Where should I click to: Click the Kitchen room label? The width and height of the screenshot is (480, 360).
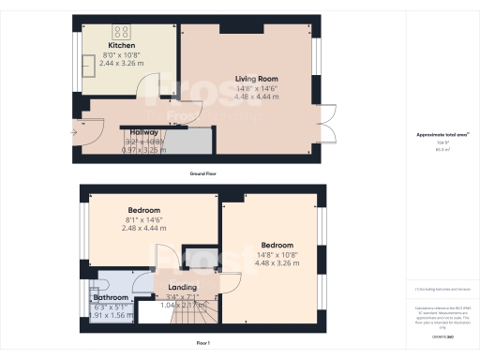coord(123,45)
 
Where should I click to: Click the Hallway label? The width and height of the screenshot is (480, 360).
coord(142,133)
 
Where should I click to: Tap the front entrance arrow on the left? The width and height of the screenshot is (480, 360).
coord(74,131)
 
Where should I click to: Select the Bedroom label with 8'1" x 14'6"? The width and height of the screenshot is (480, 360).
coord(143,210)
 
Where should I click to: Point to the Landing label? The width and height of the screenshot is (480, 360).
coord(182,288)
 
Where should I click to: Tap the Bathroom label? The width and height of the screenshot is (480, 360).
coord(111,297)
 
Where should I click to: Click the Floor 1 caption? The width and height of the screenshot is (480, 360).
coord(203,344)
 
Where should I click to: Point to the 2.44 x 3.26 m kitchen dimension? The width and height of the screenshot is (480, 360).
coord(123,62)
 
